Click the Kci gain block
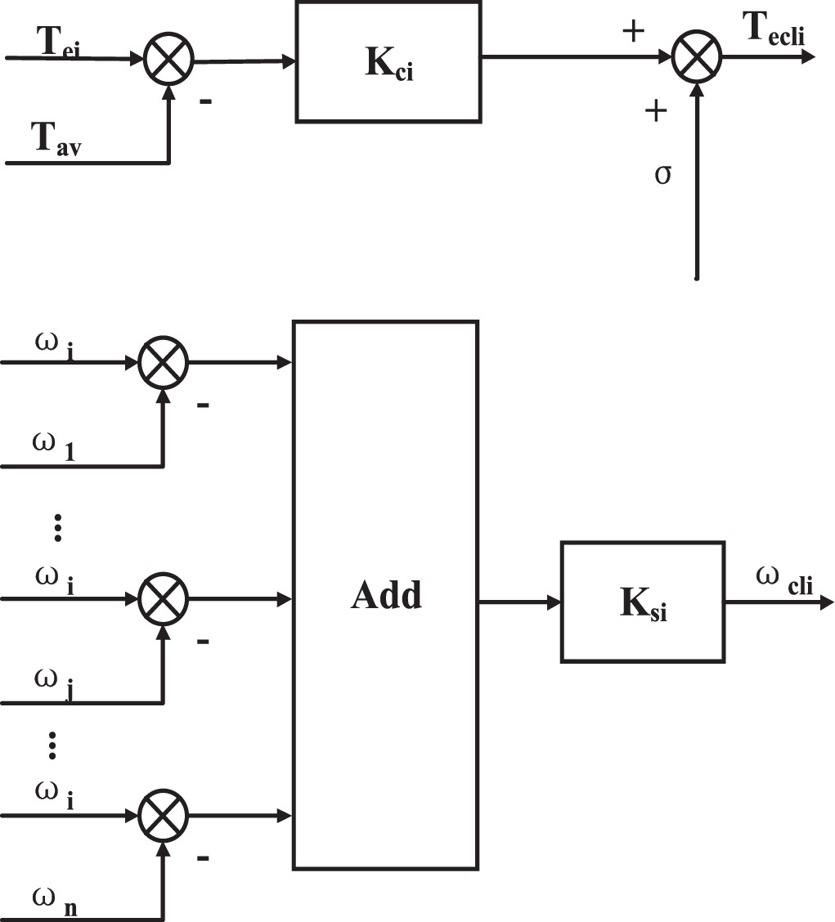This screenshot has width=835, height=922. [x=388, y=62]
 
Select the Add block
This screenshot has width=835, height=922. [x=385, y=595]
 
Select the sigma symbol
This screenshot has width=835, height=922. [x=663, y=174]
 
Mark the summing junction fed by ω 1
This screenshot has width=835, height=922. [x=164, y=363]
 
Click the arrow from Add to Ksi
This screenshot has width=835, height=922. [x=519, y=602]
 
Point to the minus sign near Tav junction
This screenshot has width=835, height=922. [x=205, y=102]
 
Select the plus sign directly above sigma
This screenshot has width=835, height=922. [x=655, y=111]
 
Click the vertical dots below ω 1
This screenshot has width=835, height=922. [x=57, y=528]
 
